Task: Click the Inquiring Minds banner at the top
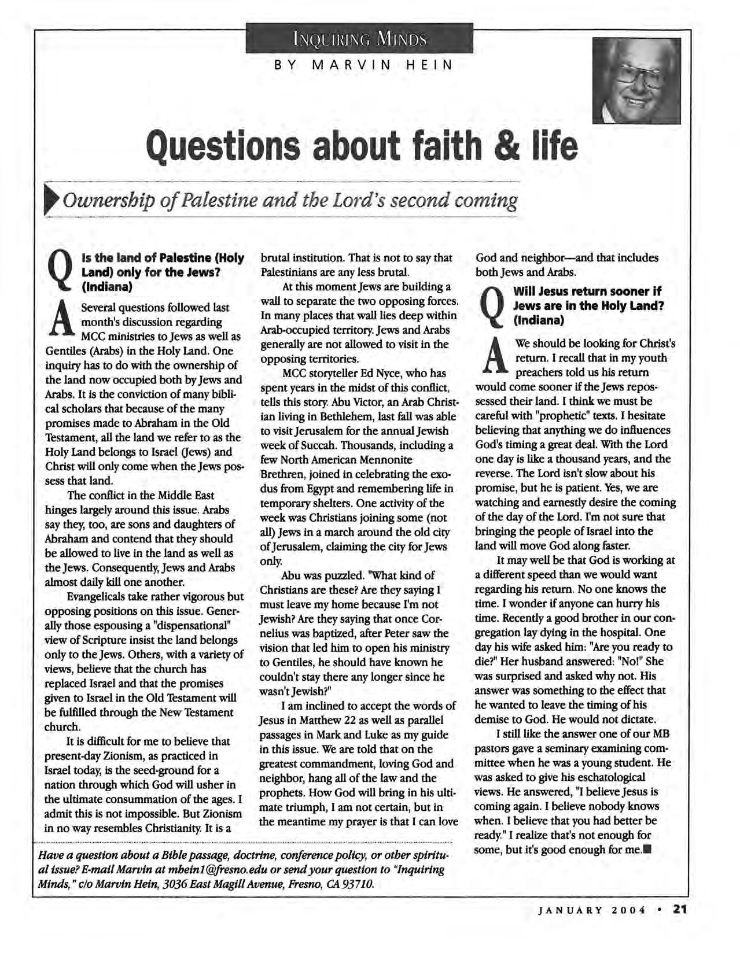coord(359,39)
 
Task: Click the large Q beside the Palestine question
coord(61,271)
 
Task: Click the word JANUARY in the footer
coord(566,910)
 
